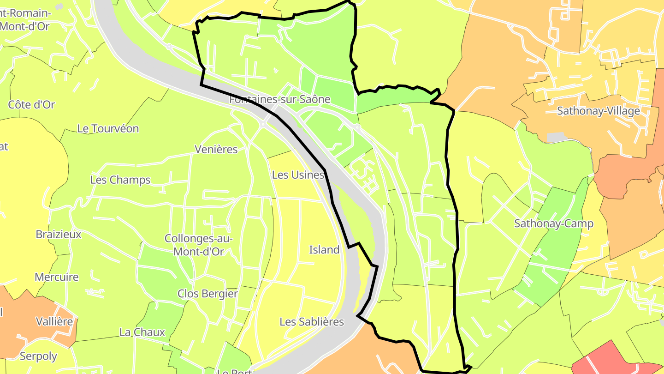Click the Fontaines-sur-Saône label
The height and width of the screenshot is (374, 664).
(x=280, y=99)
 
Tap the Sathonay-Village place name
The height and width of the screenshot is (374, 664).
(x=599, y=111)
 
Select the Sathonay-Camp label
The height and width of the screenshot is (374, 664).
(x=554, y=224)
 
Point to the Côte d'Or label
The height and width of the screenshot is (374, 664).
(x=32, y=105)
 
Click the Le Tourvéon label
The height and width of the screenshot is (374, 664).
(x=108, y=129)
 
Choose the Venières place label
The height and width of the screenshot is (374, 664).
(x=216, y=150)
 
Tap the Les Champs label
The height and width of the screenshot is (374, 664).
(x=120, y=180)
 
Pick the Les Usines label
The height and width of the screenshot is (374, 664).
(x=298, y=175)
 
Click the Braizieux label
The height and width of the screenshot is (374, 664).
(x=59, y=235)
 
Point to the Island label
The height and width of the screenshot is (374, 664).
(x=324, y=250)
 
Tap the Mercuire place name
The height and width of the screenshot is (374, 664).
(x=57, y=277)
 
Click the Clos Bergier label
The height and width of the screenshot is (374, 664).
(x=207, y=294)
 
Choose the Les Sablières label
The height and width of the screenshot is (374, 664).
(x=312, y=322)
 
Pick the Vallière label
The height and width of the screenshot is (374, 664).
(x=54, y=321)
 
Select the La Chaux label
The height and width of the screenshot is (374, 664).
(x=142, y=332)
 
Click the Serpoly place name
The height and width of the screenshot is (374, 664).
(x=38, y=356)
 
